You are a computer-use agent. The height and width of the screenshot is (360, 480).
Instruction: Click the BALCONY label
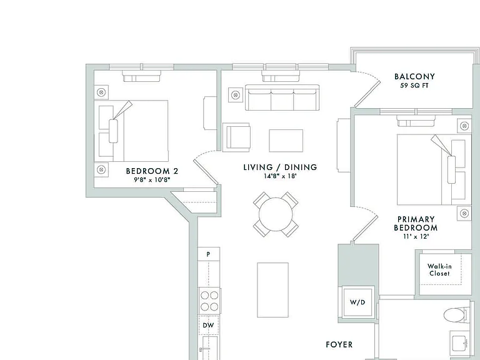point(414,76)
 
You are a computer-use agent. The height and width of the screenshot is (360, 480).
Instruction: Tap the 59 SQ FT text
point(414,86)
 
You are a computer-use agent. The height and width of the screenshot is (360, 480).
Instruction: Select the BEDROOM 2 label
point(152,171)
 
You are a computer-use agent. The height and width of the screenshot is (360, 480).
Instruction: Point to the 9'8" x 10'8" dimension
point(152,180)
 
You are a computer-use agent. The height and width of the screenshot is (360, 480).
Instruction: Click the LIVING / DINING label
point(280,167)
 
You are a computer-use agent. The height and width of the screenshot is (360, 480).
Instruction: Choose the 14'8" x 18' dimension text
point(280,176)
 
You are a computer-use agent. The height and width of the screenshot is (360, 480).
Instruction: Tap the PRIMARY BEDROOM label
point(416,224)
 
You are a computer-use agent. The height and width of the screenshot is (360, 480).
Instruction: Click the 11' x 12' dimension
point(416,236)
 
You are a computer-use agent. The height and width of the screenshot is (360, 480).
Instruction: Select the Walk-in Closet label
point(439,270)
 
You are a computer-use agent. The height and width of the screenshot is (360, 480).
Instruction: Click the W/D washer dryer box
point(357,302)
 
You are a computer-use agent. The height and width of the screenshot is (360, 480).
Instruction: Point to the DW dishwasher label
point(208,325)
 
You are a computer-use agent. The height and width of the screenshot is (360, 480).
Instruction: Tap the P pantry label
point(208,254)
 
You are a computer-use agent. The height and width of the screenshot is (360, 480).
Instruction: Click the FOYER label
point(339,345)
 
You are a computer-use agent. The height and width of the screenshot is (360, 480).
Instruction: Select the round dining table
point(276,214)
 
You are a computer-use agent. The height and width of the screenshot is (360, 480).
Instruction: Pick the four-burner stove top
point(209,301)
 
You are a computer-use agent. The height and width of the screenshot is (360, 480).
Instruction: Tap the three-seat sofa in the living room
point(282,97)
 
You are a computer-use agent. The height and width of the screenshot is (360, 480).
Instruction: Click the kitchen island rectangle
point(272,290)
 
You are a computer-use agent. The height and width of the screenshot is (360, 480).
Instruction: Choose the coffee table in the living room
point(286,141)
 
